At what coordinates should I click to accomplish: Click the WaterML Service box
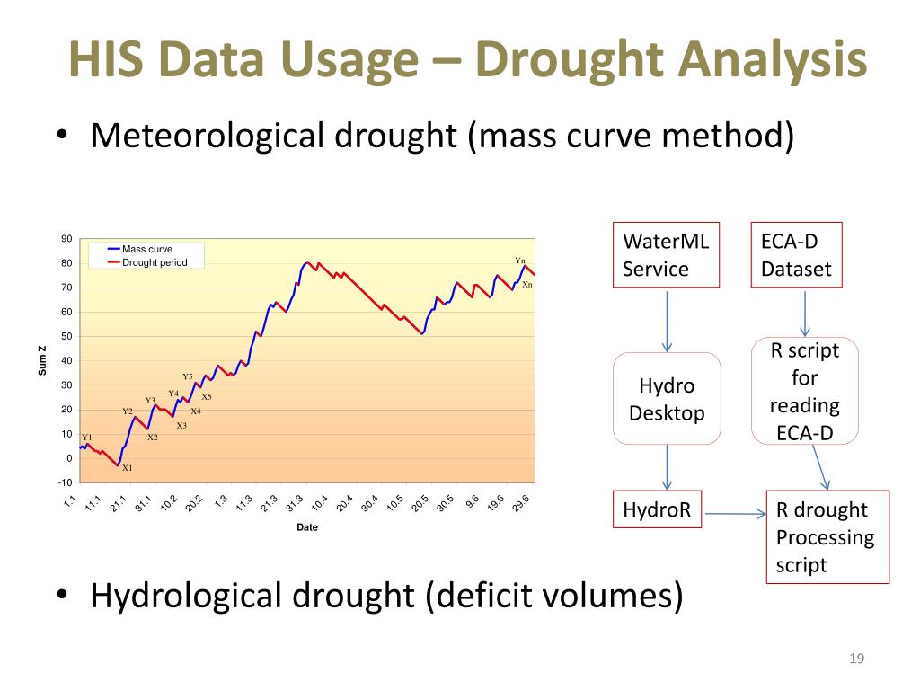(666, 255)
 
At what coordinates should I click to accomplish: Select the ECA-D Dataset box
(796, 255)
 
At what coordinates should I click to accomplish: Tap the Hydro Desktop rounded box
(667, 399)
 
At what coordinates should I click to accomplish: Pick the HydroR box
(657, 510)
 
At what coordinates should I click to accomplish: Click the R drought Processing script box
(827, 537)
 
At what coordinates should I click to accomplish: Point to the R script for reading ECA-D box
(804, 392)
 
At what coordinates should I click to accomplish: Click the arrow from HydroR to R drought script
(734, 514)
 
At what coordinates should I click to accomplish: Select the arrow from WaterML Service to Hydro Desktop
(667, 320)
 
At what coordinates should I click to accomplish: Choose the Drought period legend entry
(154, 262)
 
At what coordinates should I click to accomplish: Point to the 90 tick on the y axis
(66, 239)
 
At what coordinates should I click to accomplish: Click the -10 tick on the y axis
(66, 483)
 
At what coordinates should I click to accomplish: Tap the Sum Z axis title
(42, 361)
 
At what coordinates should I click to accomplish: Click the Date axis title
(307, 527)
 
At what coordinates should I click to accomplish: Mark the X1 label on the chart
(128, 468)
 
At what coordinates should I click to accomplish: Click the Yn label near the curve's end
(519, 261)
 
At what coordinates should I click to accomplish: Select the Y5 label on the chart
(188, 376)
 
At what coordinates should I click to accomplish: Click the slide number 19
(856, 660)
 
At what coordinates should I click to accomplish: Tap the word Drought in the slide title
(563, 60)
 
